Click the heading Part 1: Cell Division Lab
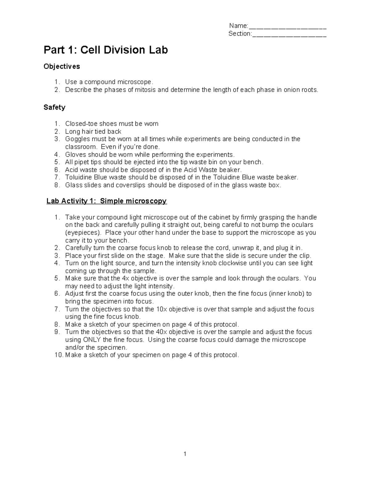point(105,50)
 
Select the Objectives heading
point(62,66)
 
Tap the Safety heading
point(54,107)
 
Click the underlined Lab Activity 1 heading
point(106,201)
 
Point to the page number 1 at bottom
point(185,454)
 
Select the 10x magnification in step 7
point(161,309)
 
